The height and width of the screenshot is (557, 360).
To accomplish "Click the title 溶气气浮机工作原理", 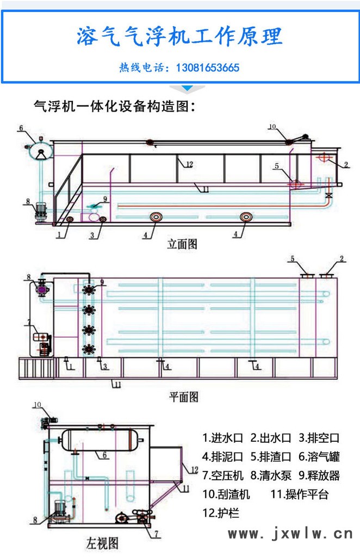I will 179,36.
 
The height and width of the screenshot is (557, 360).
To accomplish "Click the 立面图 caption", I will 182,244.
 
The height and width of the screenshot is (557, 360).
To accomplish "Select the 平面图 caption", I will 183,396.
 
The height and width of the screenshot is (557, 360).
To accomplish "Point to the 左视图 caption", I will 102,542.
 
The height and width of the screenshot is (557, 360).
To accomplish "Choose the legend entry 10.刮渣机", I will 226,494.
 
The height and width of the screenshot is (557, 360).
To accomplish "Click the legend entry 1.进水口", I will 223,437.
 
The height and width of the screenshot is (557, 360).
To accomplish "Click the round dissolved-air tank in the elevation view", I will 40,150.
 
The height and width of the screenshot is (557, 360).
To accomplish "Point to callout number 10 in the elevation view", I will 272,127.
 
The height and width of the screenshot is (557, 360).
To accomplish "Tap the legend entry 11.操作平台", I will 300,494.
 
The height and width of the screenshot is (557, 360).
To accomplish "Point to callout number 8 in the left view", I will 35,519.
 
